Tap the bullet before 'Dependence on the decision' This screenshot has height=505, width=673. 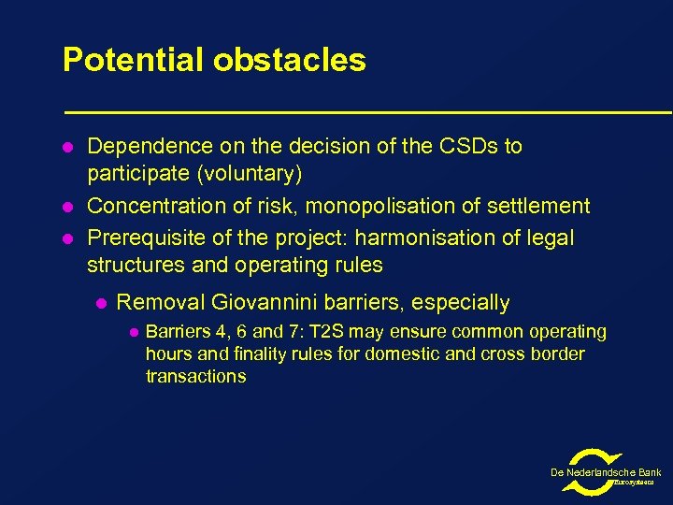click(67, 148)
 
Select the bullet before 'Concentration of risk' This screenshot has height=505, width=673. click(67, 207)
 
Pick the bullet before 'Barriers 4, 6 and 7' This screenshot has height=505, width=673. click(133, 333)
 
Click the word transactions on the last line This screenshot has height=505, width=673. click(196, 377)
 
